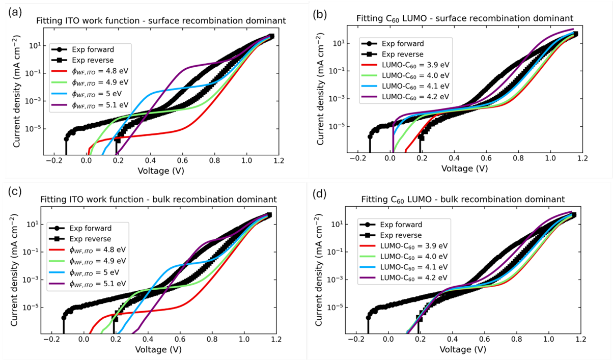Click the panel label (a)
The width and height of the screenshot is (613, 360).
[14, 11]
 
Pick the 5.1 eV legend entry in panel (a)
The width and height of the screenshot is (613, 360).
[102, 106]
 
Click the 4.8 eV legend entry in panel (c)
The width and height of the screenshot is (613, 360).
[102, 250]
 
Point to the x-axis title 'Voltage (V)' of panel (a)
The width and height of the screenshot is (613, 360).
[161, 170]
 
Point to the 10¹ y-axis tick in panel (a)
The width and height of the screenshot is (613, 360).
[36, 45]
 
